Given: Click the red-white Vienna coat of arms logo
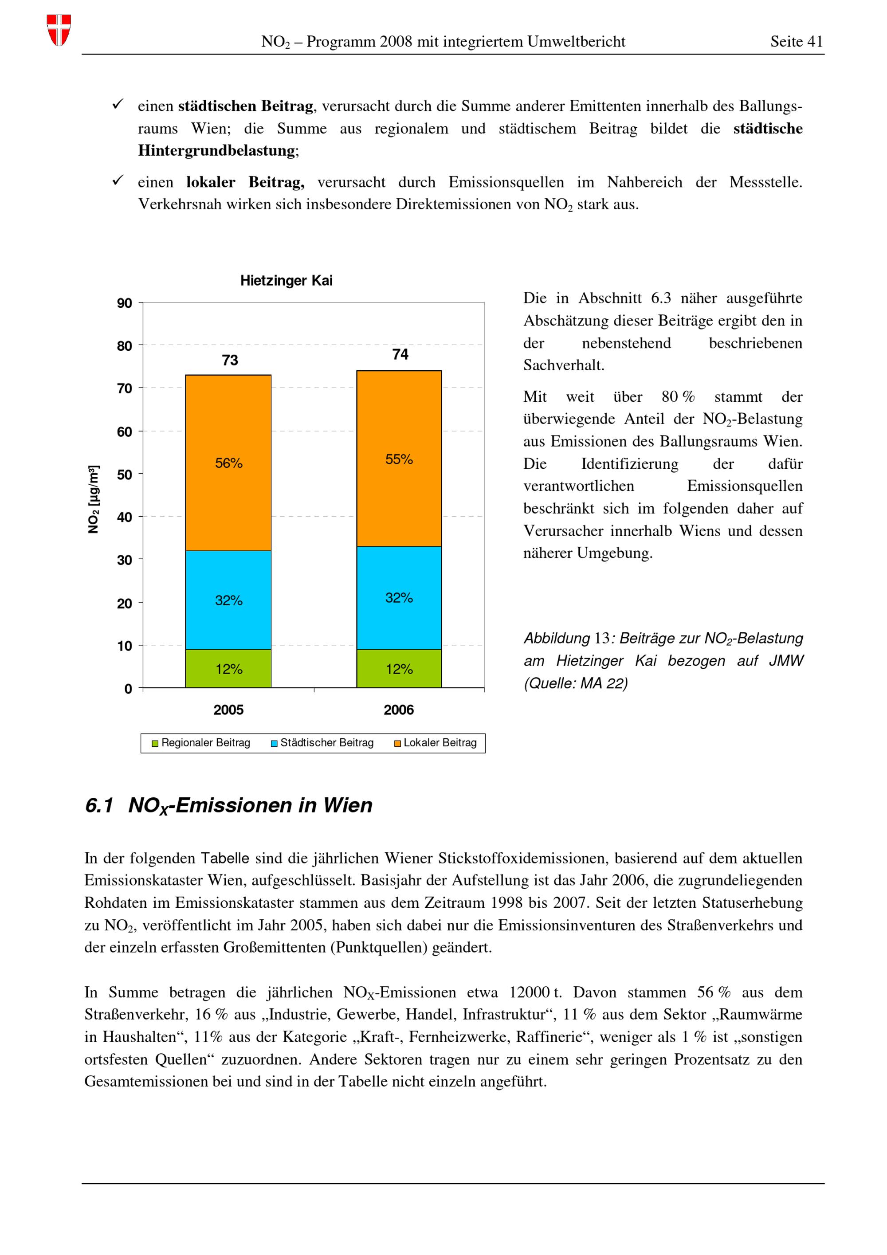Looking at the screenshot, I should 59,30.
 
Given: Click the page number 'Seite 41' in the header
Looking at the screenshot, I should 796,42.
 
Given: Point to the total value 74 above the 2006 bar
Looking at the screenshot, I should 400,354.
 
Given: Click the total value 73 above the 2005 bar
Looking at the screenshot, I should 230,360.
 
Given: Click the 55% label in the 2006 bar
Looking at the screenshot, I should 399,459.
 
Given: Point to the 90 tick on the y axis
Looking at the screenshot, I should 125,303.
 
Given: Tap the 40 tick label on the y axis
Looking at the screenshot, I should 125,517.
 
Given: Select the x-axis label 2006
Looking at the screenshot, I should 398,710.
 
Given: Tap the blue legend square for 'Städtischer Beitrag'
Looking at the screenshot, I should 275,743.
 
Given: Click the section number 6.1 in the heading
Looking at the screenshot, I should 99,805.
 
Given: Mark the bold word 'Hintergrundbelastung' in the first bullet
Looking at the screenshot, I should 216,150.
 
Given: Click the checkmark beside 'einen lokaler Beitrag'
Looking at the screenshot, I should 118,180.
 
